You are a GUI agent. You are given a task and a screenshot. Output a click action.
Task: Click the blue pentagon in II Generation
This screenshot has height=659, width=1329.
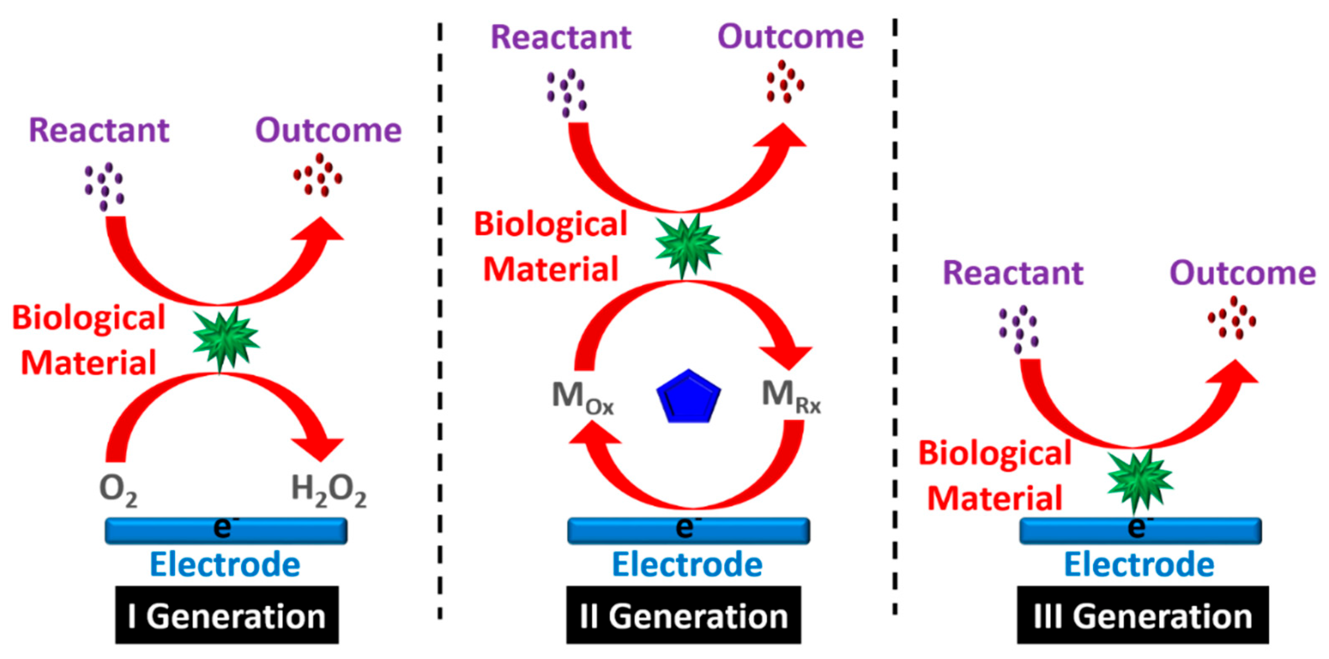pyautogui.click(x=688, y=398)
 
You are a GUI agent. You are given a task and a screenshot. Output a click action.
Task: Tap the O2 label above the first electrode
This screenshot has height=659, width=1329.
pyautogui.click(x=118, y=490)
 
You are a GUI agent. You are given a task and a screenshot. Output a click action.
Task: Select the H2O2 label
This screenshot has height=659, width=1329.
pyautogui.click(x=329, y=490)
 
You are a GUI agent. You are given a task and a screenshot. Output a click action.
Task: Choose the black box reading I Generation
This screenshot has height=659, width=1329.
pyautogui.click(x=226, y=615)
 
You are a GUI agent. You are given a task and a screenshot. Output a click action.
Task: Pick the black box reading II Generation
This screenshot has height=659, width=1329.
pyautogui.click(x=683, y=615)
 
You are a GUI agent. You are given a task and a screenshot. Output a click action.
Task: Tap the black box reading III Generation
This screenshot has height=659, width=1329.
pyautogui.click(x=1142, y=615)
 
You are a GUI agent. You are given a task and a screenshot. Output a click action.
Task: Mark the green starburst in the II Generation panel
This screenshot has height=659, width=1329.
pyautogui.click(x=687, y=246)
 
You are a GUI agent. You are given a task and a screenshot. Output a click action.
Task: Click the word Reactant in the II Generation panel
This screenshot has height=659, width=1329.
pyautogui.click(x=561, y=37)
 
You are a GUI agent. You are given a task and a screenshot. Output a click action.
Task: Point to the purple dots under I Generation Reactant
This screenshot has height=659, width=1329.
pyautogui.click(x=105, y=187)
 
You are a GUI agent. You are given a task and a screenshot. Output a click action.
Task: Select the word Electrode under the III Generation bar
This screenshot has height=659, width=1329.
pyautogui.click(x=1139, y=564)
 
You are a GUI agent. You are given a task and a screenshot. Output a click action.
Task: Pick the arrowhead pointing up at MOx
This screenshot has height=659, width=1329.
pyautogui.click(x=593, y=433)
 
